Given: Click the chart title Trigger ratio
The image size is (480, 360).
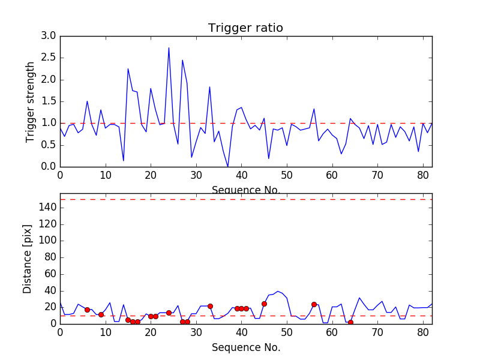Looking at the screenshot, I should (x=245, y=28).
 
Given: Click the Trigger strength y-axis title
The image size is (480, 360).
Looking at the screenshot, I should (x=31, y=101).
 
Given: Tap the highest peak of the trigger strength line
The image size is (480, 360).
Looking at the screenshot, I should (x=169, y=48).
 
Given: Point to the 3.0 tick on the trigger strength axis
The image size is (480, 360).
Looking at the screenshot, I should (x=48, y=36).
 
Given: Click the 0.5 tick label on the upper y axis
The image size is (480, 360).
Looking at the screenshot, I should (x=48, y=145).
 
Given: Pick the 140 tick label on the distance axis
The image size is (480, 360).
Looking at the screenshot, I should (x=47, y=208).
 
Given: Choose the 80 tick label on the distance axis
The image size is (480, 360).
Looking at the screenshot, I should (x=49, y=257).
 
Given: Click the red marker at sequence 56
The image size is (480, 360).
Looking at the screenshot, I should (x=314, y=304).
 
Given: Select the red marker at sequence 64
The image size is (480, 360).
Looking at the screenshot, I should (x=350, y=322).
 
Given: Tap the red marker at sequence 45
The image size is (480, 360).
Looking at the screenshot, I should (x=264, y=304).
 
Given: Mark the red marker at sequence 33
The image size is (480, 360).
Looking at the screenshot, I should (x=210, y=306).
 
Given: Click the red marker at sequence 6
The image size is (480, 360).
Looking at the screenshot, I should (x=87, y=310).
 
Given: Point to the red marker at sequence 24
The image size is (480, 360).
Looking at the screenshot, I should (x=169, y=313).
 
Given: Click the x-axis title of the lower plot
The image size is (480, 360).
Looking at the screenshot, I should (x=245, y=347).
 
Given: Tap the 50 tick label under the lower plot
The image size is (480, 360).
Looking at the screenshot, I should (x=287, y=332).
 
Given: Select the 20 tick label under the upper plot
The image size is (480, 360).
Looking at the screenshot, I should (x=151, y=175).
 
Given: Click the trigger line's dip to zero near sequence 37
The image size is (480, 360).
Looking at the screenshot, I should (x=227, y=166).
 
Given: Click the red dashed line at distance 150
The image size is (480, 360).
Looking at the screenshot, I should (x=245, y=199).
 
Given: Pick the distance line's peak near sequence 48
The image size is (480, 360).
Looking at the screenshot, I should (x=278, y=291).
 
